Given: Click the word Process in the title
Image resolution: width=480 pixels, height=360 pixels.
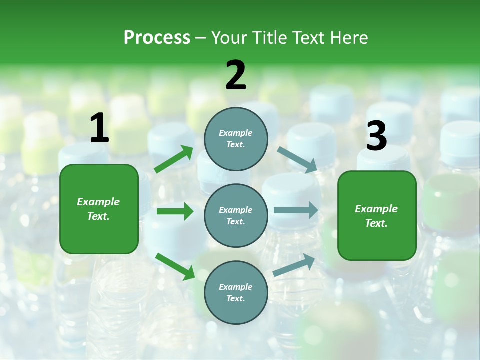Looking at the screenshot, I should coord(157,37).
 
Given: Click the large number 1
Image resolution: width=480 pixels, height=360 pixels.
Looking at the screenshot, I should coord(99,128).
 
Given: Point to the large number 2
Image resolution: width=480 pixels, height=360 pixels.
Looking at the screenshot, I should coord(236,76).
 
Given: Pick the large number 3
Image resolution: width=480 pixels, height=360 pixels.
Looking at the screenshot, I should coord(376,136).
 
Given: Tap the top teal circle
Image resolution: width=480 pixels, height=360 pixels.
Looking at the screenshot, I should coord(236,139).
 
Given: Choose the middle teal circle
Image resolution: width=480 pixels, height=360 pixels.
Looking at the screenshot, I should coord(236,215).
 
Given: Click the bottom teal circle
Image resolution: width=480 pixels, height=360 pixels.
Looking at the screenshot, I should coord(236,292).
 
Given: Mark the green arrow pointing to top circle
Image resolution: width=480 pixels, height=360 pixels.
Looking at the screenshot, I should coord(174,159).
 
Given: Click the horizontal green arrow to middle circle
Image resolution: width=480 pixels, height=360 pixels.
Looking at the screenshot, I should coord(175,211).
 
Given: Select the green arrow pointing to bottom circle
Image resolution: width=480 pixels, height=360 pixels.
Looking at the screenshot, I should coord(175,266).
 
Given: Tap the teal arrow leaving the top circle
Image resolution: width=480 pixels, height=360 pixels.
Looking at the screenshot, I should coord(297,159).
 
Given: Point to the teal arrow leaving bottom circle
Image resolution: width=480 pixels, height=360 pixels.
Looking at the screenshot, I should coord(294,265).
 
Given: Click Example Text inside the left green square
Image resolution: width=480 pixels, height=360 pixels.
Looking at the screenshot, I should coord(98,209).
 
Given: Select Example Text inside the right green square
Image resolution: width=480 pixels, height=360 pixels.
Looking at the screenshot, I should coord(376,216).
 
